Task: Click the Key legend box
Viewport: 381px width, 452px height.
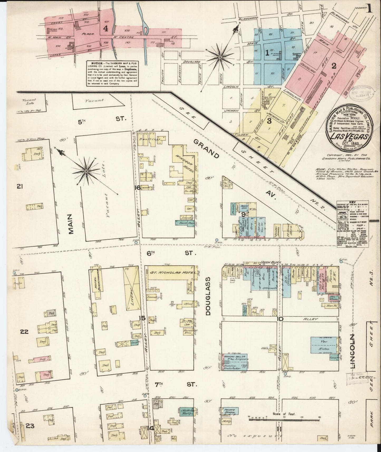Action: pyautogui.click(x=352, y=224)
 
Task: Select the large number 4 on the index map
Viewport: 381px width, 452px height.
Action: pyautogui.click(x=106, y=29)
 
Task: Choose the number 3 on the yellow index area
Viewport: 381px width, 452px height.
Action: pyautogui.click(x=269, y=121)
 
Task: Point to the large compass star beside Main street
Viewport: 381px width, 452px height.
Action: pyautogui.click(x=86, y=171)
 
